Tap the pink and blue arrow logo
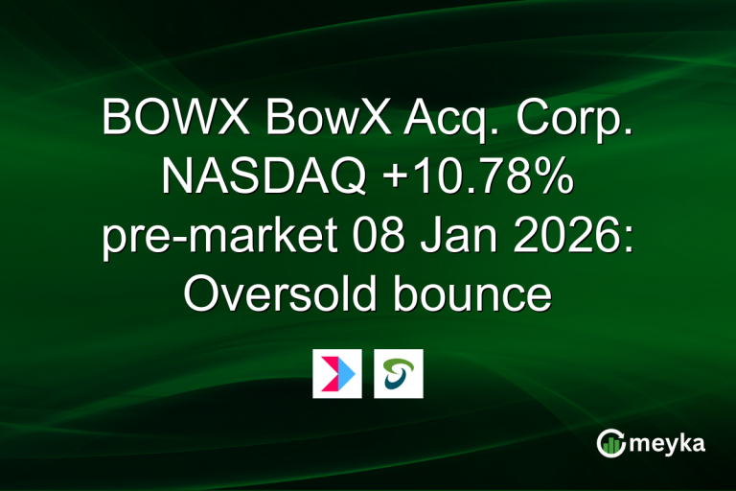pyautogui.click(x=337, y=374)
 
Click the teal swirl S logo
pyautogui.click(x=399, y=374)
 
